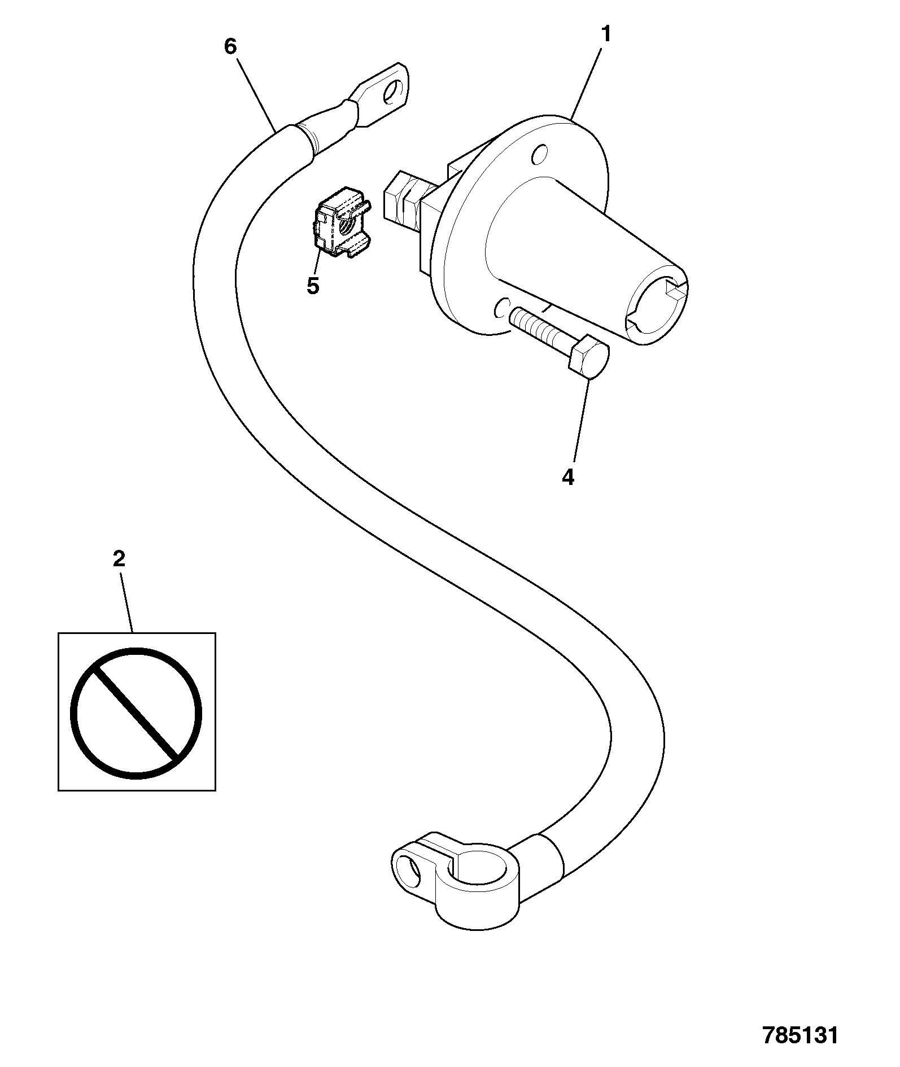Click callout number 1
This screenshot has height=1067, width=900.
pos(605,35)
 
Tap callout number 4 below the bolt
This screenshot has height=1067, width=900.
pos(568,477)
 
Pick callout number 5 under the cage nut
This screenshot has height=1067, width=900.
pos(313,286)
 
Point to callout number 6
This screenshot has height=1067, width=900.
pos(230,46)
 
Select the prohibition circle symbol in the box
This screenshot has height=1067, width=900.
pos(136,713)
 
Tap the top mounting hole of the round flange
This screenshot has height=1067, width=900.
pos(540,153)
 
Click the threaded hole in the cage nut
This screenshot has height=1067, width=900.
pos(346,228)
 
